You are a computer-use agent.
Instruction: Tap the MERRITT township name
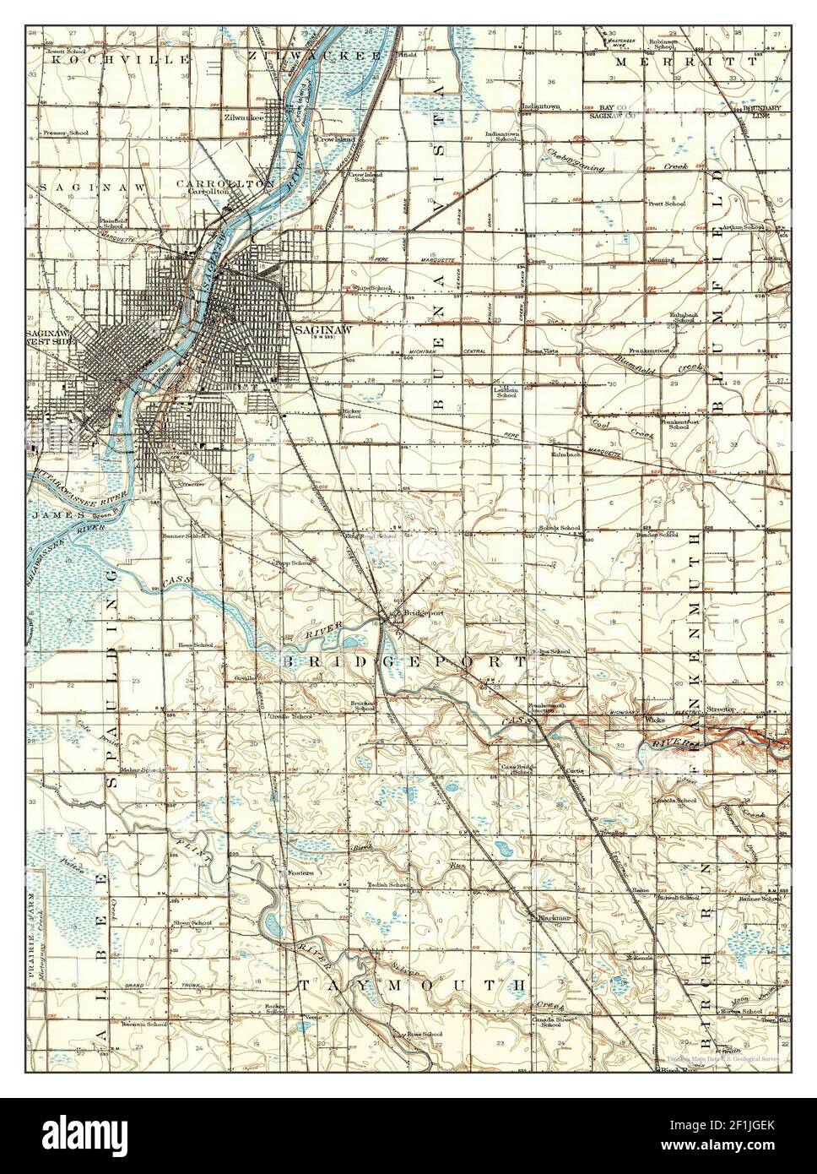click(668, 63)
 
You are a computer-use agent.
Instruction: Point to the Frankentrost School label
click(680, 423)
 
